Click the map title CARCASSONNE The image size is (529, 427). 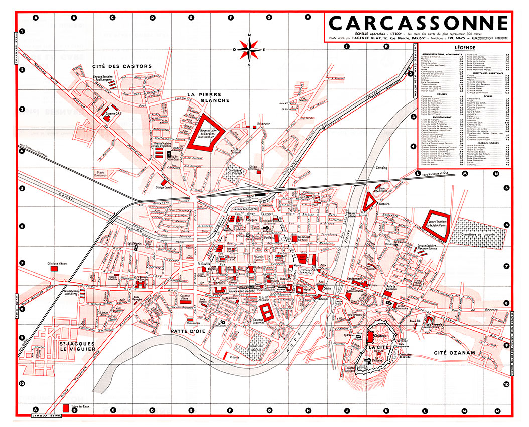tap(418, 23)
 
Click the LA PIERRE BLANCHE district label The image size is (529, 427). tap(208, 97)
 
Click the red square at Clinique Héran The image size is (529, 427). tap(54, 269)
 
